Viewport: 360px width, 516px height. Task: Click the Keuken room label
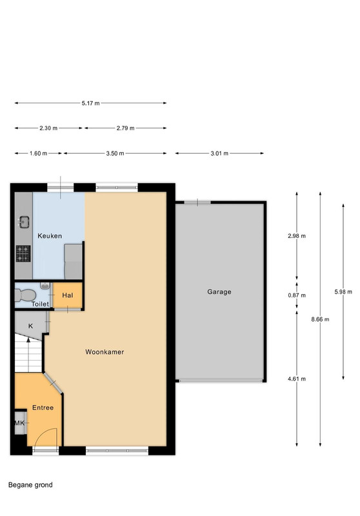click(50, 235)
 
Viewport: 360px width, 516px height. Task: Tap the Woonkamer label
click(105, 352)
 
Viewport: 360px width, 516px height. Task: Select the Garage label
click(219, 292)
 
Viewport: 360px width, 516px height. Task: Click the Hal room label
click(68, 295)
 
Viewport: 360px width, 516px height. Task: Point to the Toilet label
click(40, 304)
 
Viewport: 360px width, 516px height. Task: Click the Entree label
click(43, 408)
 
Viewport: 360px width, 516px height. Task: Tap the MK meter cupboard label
click(19, 423)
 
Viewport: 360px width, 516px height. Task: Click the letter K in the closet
click(30, 326)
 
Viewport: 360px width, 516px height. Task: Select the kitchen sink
click(24, 222)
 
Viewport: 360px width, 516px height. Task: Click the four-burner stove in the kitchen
click(23, 253)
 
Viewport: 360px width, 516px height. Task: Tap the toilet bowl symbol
click(26, 295)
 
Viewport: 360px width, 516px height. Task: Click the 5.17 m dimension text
click(90, 103)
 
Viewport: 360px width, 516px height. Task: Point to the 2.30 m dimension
click(48, 128)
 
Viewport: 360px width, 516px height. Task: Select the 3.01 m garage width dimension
click(219, 154)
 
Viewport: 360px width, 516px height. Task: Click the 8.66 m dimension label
click(320, 319)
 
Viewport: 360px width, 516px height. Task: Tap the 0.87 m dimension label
click(297, 295)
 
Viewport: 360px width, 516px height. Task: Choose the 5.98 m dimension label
click(343, 292)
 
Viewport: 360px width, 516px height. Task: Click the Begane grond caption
click(30, 485)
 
